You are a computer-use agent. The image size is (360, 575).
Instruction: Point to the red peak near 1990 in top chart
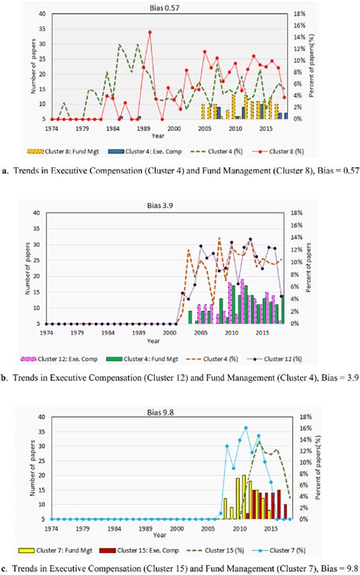[x=150, y=32]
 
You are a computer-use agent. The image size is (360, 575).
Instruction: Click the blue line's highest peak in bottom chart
[x=245, y=428]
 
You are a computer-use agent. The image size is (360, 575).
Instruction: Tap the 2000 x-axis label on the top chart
[x=173, y=129]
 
